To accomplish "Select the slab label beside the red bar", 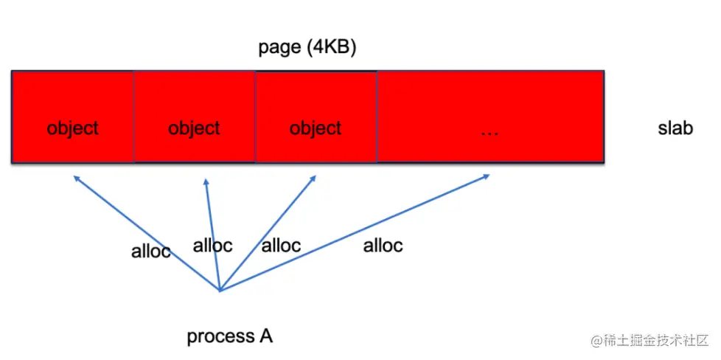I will (x=675, y=128).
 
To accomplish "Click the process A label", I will (x=229, y=336).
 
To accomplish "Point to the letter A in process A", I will (x=266, y=336).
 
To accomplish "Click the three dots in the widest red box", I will (x=489, y=130).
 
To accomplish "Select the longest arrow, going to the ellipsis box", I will (x=354, y=232).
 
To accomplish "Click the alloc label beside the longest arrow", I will (x=383, y=246).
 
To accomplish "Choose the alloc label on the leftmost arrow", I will (x=150, y=251).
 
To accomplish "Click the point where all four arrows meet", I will (x=220, y=290).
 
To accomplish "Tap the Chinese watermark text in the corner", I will (x=648, y=341).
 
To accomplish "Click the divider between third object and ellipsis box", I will (x=377, y=117).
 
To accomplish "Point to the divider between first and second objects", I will (x=133, y=117).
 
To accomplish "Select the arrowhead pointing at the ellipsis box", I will (x=487, y=176).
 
